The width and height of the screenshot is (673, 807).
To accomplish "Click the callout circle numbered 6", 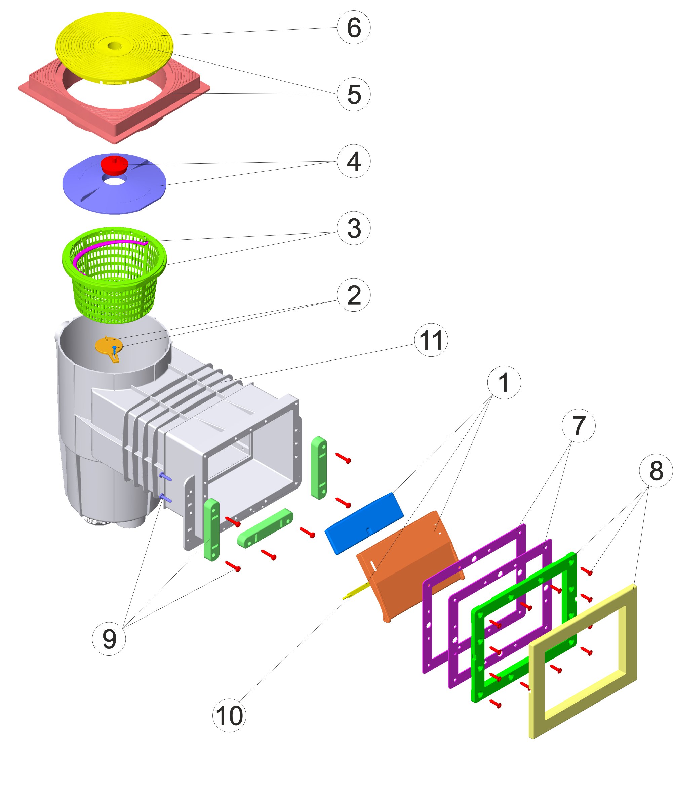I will coord(353,27).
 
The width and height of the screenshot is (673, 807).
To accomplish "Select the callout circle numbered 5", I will coord(353,94).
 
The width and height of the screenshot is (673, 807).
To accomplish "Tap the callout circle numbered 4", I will coord(353,161).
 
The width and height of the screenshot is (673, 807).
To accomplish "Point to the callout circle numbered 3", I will coord(353,228).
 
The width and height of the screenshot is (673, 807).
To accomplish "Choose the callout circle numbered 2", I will coord(353,295).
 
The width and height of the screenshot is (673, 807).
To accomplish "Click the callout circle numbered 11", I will coord(431,340).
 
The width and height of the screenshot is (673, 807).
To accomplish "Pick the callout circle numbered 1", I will coord(504,382).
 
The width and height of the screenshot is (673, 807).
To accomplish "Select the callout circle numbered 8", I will coord(656,470).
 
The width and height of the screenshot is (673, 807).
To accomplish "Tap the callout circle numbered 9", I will coord(109,639).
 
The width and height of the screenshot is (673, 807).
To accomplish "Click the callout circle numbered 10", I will coord(229,715).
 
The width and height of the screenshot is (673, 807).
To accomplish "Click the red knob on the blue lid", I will coord(114,165).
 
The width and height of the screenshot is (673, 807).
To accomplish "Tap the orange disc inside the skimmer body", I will coord(108,345).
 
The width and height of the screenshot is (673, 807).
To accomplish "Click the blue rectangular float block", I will coord(364,523).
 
